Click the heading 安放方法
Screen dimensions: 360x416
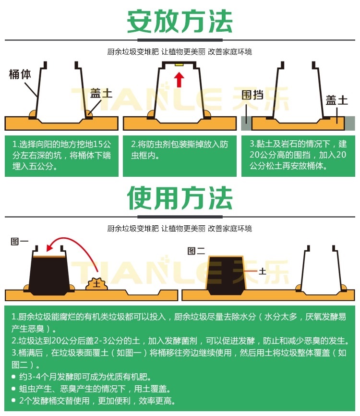180,21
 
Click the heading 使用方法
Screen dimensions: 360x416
180,198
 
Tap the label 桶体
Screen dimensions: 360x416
20,74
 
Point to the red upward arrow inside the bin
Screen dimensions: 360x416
179,80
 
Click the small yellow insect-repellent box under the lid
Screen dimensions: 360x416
179,64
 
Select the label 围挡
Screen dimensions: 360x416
252,95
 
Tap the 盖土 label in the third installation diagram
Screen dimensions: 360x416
336,100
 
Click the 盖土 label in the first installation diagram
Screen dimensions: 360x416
101,93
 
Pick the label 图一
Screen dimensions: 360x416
19,242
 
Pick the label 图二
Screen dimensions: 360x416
196,251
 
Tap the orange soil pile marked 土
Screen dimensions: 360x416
96,284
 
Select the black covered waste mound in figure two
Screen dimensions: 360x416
226,275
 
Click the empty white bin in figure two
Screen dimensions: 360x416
321,270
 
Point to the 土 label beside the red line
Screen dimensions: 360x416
262,271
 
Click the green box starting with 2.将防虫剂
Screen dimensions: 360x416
180,156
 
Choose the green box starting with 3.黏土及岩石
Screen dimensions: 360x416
298,156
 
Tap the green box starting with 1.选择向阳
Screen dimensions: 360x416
61,156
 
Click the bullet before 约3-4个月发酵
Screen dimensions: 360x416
13,377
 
